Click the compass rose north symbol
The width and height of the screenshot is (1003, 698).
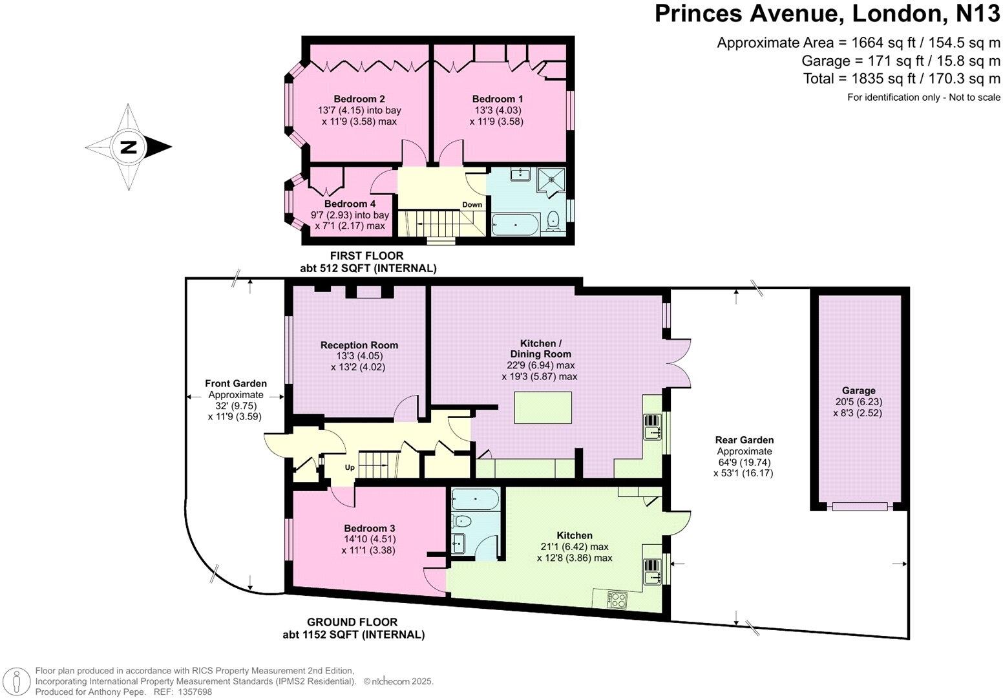129,147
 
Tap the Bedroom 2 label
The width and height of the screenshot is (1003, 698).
359,99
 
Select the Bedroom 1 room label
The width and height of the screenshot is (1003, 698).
497,99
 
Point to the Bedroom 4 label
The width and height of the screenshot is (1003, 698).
350,204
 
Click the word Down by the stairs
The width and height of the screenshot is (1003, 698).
472,205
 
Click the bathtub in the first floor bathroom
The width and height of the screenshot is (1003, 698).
515,224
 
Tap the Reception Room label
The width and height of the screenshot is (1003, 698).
359,345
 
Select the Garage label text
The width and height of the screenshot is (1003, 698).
858,390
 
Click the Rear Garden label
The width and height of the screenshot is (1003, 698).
743,440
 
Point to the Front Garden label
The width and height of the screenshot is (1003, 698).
236,384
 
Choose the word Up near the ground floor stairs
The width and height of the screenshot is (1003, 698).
349,467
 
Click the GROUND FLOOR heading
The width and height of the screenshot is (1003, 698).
352,622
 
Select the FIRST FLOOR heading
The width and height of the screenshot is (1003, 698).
366,256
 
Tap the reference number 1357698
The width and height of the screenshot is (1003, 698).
193,692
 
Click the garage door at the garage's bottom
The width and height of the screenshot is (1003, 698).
859,507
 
